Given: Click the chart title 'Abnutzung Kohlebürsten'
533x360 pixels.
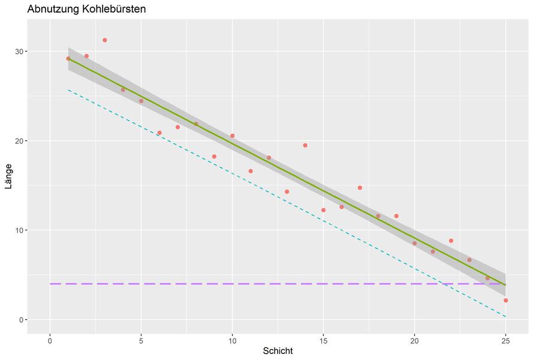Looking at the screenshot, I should [86, 10].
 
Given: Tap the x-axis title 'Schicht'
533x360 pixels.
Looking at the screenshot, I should [278, 350].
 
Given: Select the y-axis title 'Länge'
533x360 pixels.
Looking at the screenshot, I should [8, 176].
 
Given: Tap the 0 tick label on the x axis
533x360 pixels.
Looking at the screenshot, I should [50, 340].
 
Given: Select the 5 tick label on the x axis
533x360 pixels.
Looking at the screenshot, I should [141, 340].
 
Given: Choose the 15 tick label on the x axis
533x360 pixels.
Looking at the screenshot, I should [323, 340].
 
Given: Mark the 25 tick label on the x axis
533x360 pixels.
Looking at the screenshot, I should [505, 340].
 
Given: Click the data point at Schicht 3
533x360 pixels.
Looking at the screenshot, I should [104, 40].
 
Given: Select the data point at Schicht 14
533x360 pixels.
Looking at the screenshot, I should [305, 145].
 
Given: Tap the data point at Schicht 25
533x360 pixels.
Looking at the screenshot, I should [505, 300].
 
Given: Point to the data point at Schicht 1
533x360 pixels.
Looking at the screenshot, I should [68, 58].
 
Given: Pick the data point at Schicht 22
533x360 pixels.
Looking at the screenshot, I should [451, 241].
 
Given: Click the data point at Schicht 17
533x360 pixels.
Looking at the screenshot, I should [360, 188].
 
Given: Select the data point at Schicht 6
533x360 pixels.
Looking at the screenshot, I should [159, 133].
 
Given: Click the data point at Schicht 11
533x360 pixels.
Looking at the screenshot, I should [251, 171].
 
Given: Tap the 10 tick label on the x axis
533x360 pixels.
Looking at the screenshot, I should [232, 340].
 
